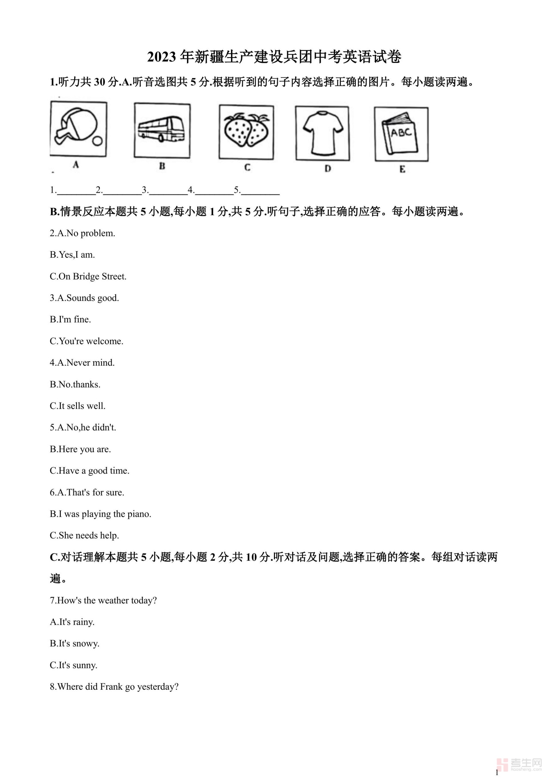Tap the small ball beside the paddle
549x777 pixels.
tap(97, 141)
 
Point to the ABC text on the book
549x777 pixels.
tap(401, 132)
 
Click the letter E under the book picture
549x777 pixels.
tap(402, 169)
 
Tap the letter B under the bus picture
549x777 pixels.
tap(162, 166)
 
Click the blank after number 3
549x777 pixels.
tap(168, 191)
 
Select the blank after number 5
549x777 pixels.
tap(260, 191)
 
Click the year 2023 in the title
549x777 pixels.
tap(162, 57)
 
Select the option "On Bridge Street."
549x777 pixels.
tap(92, 277)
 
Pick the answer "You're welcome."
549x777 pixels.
tap(91, 341)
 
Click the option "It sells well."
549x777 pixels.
tap(82, 406)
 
